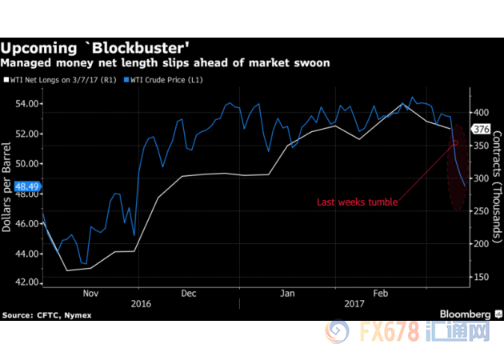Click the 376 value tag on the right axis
[x=458, y=129]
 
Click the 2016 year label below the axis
[x=141, y=304]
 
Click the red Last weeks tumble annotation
[x=358, y=202]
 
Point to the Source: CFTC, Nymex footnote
[x=47, y=315]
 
